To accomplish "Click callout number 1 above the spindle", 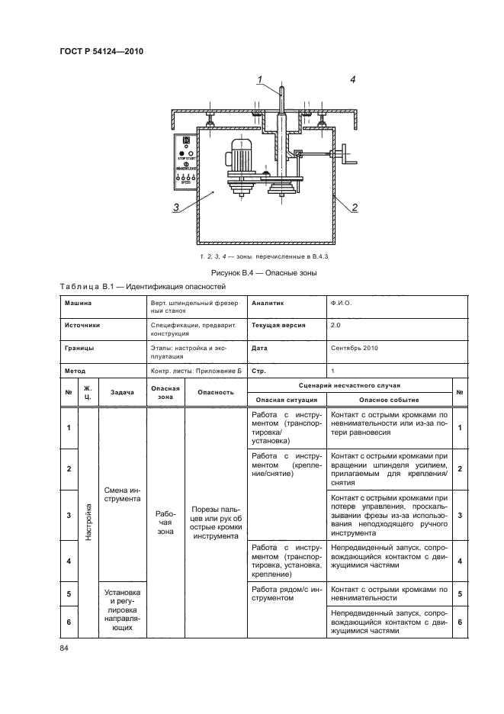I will (x=260, y=79).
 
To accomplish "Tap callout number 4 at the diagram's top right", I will (x=352, y=79).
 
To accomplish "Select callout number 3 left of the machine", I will (x=175, y=207).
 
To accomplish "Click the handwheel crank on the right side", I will (x=348, y=159).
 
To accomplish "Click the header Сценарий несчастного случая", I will (x=348, y=385).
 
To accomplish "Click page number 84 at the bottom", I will (x=64, y=648).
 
